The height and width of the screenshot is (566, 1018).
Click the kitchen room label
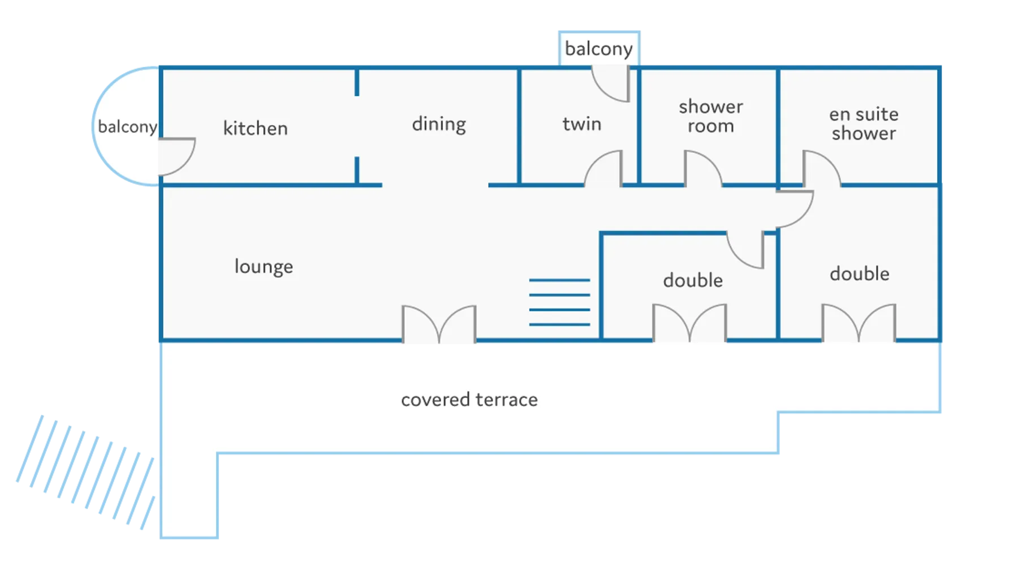255,128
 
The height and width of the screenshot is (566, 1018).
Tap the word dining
439,124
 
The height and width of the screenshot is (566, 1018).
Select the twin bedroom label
581,124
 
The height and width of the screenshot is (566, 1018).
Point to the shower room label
710,116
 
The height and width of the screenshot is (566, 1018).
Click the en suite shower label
864,123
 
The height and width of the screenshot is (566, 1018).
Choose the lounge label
264,267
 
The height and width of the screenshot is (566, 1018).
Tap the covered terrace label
469,400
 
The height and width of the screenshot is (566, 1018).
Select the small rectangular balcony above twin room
598,49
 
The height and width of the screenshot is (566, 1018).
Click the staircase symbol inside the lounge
559,302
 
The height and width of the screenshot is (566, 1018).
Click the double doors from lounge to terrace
439,325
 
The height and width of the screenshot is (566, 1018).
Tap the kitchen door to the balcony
176,157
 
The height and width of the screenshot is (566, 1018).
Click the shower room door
702,169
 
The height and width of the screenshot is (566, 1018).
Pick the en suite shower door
821,169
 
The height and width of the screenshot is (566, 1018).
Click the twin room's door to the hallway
604,169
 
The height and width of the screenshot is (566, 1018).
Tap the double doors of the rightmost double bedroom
859,324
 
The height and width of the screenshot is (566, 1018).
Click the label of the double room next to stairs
693,280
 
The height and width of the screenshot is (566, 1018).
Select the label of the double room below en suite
859,274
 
